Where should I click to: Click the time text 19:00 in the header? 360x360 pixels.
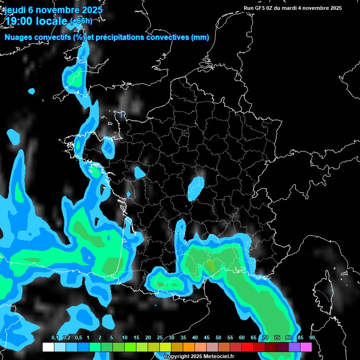[x=18, y=21]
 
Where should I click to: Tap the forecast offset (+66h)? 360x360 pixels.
[x=81, y=21]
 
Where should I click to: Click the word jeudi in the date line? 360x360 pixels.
[x=14, y=9]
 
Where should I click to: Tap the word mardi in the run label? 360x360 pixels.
[x=296, y=8]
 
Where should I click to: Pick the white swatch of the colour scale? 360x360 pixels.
[x=48, y=347]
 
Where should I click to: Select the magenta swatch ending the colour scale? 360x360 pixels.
[x=306, y=347]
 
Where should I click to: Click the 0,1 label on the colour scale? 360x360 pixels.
[x=55, y=338]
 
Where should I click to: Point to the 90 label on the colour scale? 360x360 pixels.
[x=312, y=338]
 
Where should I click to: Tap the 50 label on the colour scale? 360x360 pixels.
[x=218, y=338]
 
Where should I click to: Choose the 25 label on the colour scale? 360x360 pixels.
[x=160, y=338]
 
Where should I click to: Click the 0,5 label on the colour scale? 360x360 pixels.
[x=78, y=338]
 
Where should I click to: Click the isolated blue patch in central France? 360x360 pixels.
[x=195, y=187]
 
